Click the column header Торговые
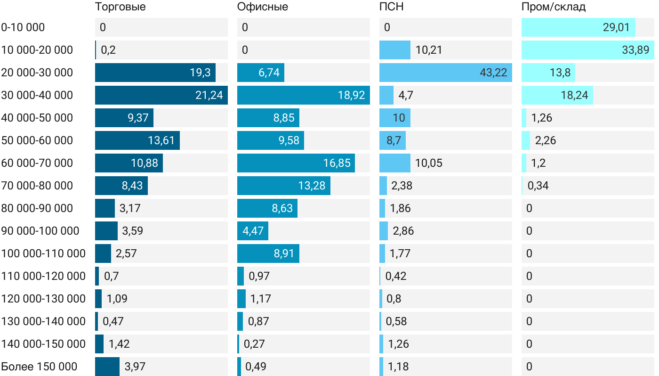[121, 7]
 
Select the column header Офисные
[263, 7]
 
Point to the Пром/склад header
[554, 7]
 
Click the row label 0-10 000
[23, 27]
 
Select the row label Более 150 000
[39, 367]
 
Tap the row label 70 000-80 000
[37, 186]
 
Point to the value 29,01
[616, 27]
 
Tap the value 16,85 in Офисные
[337, 163]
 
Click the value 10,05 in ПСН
[429, 163]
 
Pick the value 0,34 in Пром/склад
[538, 186]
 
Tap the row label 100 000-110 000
[44, 253]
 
